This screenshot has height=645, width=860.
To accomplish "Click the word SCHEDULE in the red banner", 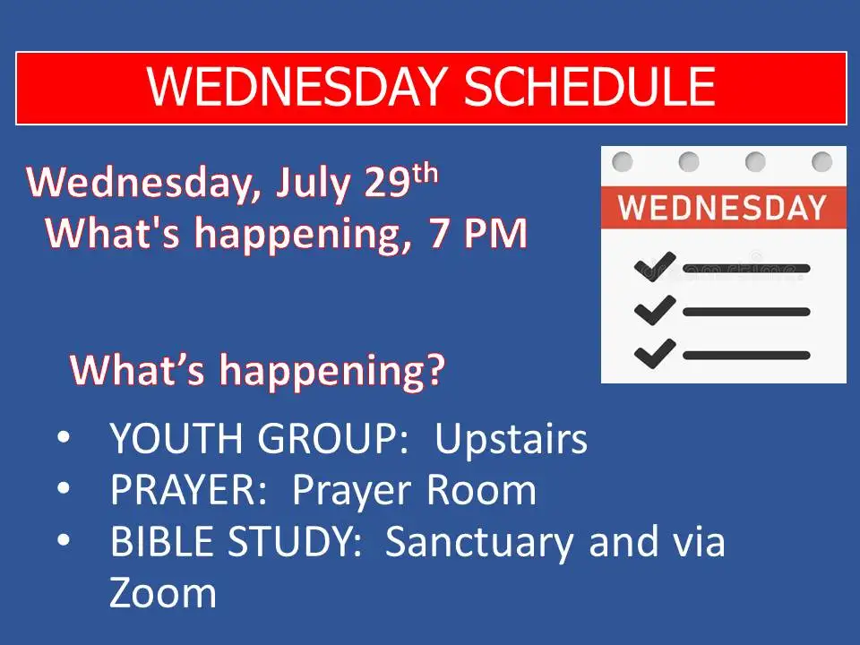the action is [590, 87].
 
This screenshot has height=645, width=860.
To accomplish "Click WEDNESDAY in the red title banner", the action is [297, 87].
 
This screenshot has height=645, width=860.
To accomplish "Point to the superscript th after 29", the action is [426, 173].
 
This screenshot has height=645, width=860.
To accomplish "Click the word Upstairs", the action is [511, 440].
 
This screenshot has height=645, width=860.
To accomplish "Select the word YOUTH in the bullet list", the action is [176, 438].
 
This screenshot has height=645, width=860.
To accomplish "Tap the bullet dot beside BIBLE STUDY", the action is [64, 539].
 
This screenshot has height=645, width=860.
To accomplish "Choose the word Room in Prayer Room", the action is [482, 490].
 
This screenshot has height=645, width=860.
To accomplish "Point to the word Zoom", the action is [163, 593].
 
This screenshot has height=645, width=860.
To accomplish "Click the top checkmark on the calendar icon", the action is [655, 267].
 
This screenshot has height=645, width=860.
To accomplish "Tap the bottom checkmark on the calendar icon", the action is [655, 353].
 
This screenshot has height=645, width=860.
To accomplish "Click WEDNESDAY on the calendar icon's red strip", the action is [722, 207].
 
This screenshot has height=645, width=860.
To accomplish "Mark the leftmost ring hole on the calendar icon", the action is [623, 162].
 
